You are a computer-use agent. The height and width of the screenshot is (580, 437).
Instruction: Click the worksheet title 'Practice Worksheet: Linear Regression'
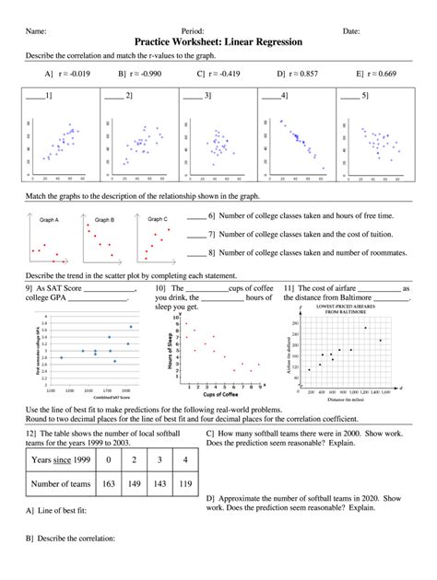pos(218,42)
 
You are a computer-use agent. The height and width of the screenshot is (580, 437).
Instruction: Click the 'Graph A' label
pos(49,220)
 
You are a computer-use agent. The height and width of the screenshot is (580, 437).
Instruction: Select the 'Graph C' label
pos(158,220)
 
